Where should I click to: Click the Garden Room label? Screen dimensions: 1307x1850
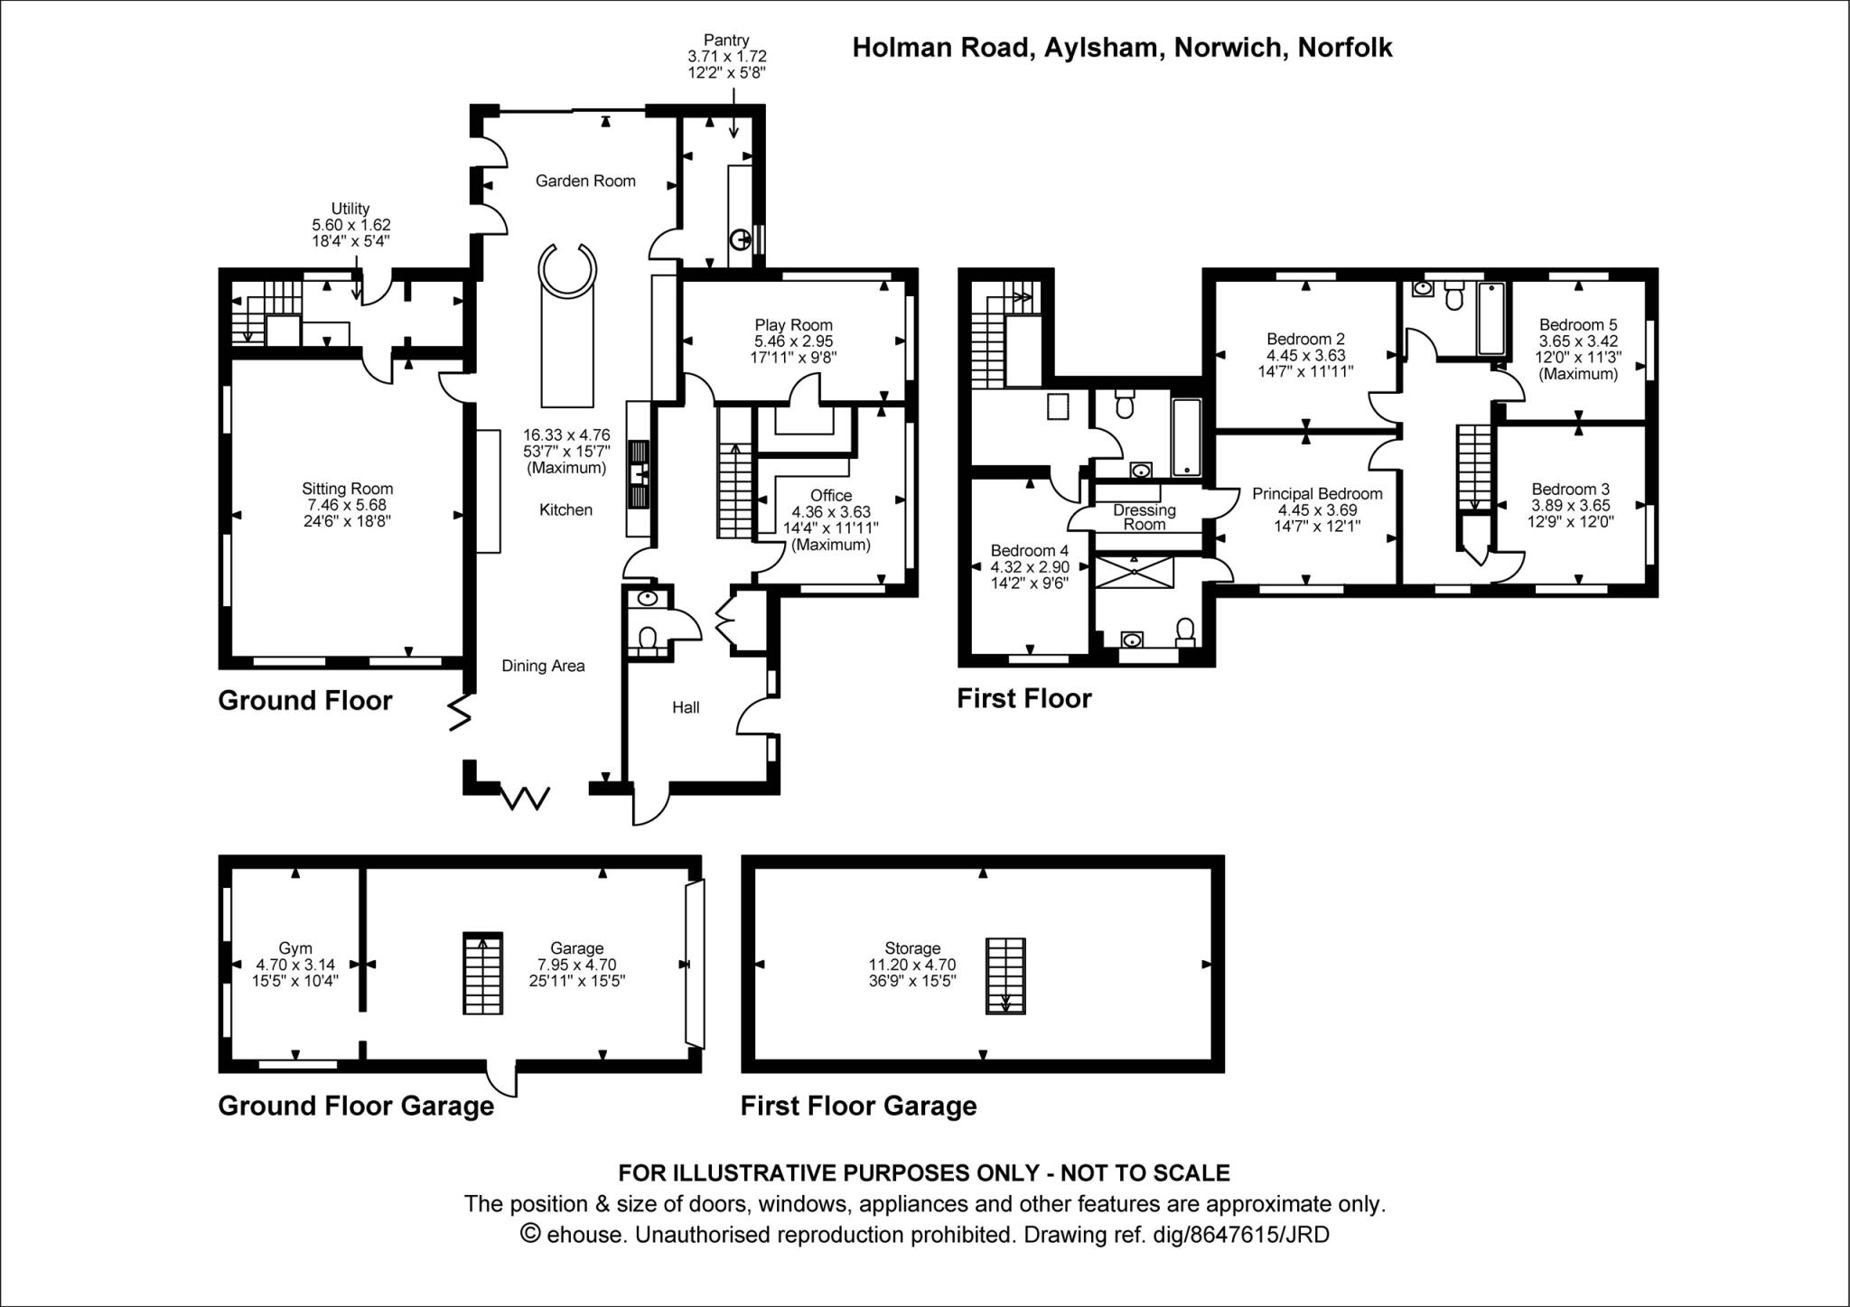[585, 181]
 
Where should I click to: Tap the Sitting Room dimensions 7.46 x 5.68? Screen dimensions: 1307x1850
[348, 505]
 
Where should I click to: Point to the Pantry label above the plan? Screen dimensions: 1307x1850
[726, 40]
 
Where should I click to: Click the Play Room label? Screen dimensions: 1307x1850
[793, 325]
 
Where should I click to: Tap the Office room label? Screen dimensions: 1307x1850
[830, 496]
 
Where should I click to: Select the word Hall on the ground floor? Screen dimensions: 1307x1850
[686, 707]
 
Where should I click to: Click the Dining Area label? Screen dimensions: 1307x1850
[543, 666]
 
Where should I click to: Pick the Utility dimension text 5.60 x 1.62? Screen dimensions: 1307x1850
[350, 225]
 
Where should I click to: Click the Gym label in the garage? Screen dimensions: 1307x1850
[295, 948]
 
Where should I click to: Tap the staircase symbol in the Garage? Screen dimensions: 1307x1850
[482, 974]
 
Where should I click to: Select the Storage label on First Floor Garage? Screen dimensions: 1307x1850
[912, 948]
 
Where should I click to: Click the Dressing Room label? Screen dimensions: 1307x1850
[1144, 517]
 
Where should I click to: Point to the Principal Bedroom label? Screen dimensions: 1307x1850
[1317, 494]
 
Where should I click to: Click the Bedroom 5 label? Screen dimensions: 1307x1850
[1578, 325]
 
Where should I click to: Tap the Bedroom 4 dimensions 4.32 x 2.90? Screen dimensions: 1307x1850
[1030, 567]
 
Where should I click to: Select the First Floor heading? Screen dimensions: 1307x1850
[1024, 698]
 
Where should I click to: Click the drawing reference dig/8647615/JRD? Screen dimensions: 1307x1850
[1241, 1234]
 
